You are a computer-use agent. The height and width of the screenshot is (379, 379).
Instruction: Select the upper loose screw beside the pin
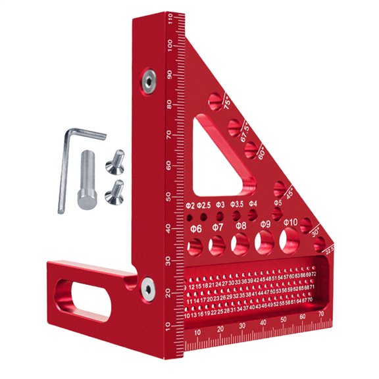(116, 159)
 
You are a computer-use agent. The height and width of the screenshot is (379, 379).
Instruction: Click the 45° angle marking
(288, 194)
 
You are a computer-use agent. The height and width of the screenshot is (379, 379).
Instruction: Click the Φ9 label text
(265, 224)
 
